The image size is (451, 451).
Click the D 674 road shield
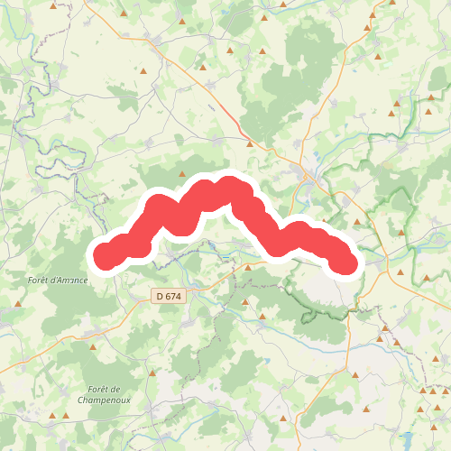(168, 296)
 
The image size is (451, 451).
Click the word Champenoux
(105, 399)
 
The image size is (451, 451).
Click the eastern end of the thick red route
(346, 262)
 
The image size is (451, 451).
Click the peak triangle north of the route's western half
(182, 174)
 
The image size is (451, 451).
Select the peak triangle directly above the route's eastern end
(357, 221)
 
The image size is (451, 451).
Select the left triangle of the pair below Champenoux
(53, 416)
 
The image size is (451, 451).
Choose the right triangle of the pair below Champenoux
(66, 416)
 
